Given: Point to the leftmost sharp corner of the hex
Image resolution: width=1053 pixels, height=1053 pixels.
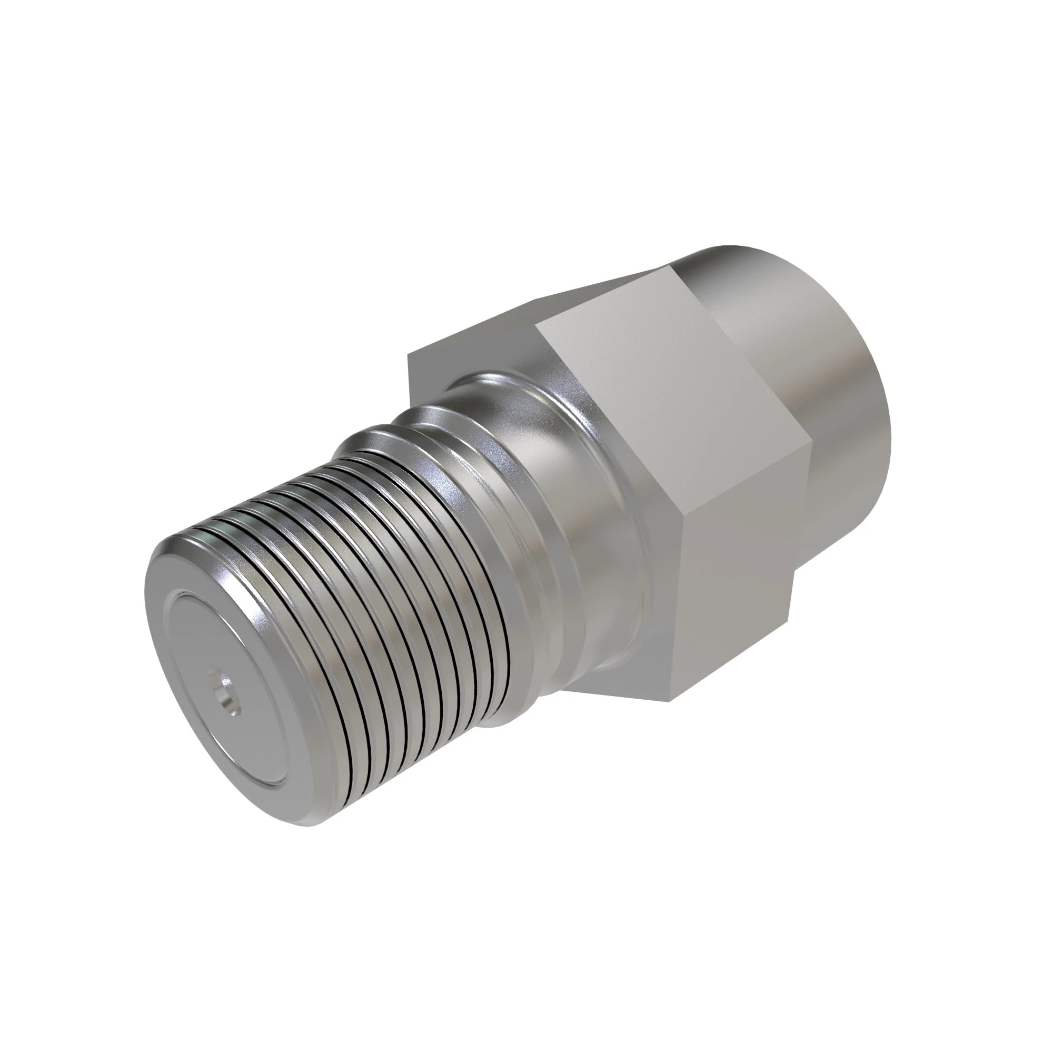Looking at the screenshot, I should [409, 355].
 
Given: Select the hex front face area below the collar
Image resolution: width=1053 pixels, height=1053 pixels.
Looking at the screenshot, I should [627, 670].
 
